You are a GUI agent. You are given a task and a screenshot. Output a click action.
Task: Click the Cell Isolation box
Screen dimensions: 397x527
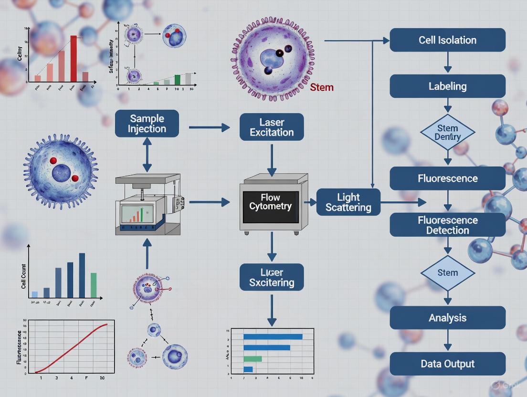coord(447,40)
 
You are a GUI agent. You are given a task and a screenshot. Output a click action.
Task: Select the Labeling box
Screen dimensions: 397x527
coord(447,86)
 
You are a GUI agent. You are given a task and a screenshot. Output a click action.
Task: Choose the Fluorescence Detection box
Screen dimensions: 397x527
coord(447,225)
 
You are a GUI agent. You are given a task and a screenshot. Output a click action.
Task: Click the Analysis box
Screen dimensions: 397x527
coord(447,318)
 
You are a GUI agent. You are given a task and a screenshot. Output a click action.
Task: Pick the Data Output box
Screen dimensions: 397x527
coord(447,364)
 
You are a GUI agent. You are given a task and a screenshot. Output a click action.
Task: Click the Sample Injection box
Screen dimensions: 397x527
coord(147,124)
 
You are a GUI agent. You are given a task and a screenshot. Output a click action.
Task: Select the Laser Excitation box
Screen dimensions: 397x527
coord(272,127)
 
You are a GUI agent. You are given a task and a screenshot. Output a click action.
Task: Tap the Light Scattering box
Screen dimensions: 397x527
coord(348,202)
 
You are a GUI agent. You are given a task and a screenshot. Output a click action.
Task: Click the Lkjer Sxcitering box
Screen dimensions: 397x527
coord(272,277)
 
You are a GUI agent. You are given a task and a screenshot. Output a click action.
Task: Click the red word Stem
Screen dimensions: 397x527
coord(322,87)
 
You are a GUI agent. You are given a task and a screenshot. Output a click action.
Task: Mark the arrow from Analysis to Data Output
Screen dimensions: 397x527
coord(447,341)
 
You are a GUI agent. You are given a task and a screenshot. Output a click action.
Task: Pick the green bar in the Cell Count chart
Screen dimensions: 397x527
coord(94,285)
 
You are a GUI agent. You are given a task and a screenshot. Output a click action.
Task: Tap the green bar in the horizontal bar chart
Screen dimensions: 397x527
coord(253,358)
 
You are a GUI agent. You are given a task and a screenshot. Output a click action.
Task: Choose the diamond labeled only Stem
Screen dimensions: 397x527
coord(447,273)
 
